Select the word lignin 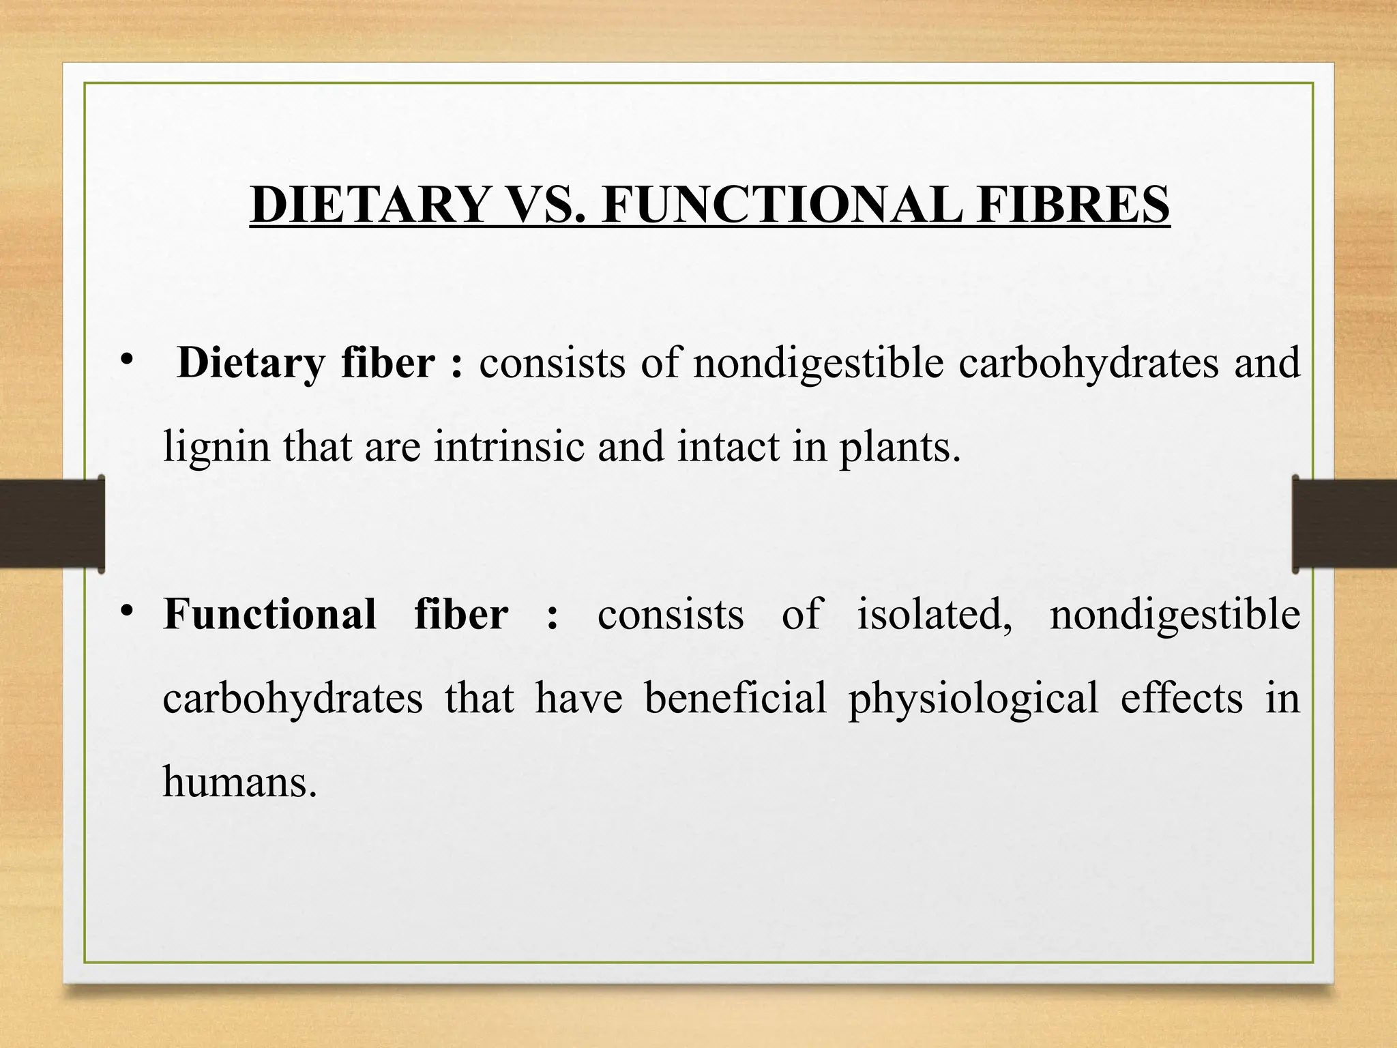click(216, 448)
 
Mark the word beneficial click(735, 698)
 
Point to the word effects click(1181, 698)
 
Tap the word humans click(239, 782)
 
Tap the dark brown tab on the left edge click(52, 523)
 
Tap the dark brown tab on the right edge click(1344, 523)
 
